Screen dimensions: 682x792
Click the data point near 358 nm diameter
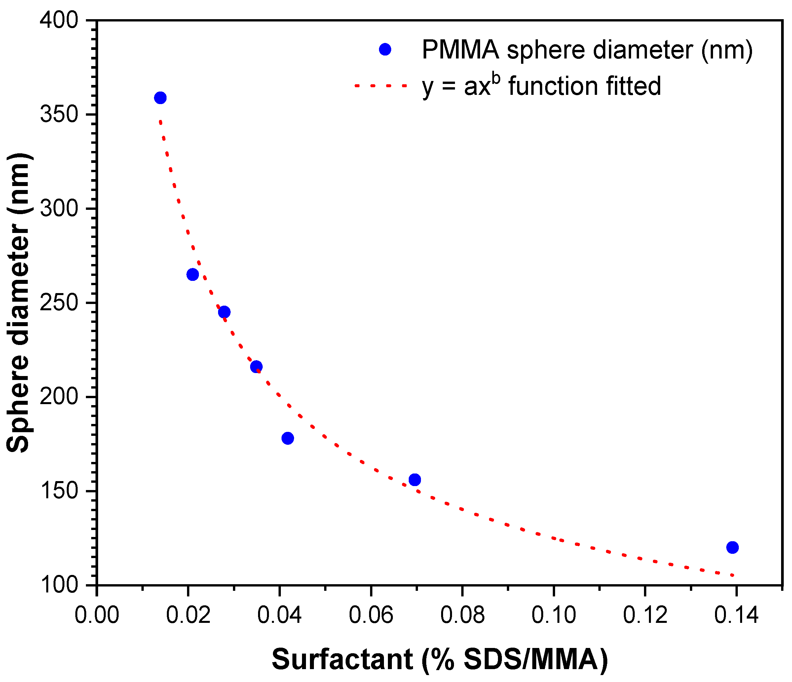pyautogui.click(x=160, y=98)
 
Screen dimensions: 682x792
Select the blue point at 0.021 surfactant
pyautogui.click(x=193, y=275)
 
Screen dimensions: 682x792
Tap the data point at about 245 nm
pyautogui.click(x=224, y=312)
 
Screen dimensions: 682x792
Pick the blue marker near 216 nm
pyautogui.click(x=256, y=367)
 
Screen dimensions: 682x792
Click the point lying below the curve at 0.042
pyautogui.click(x=288, y=438)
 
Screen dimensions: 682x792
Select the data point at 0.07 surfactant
pyautogui.click(x=415, y=479)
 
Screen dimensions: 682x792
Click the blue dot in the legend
pyautogui.click(x=385, y=49)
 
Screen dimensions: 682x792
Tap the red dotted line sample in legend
pyautogui.click(x=381, y=86)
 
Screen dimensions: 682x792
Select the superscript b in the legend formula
pyautogui.click(x=496, y=78)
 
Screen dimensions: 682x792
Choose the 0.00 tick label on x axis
pyautogui.click(x=97, y=616)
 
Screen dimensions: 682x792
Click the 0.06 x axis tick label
pyautogui.click(x=371, y=616)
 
